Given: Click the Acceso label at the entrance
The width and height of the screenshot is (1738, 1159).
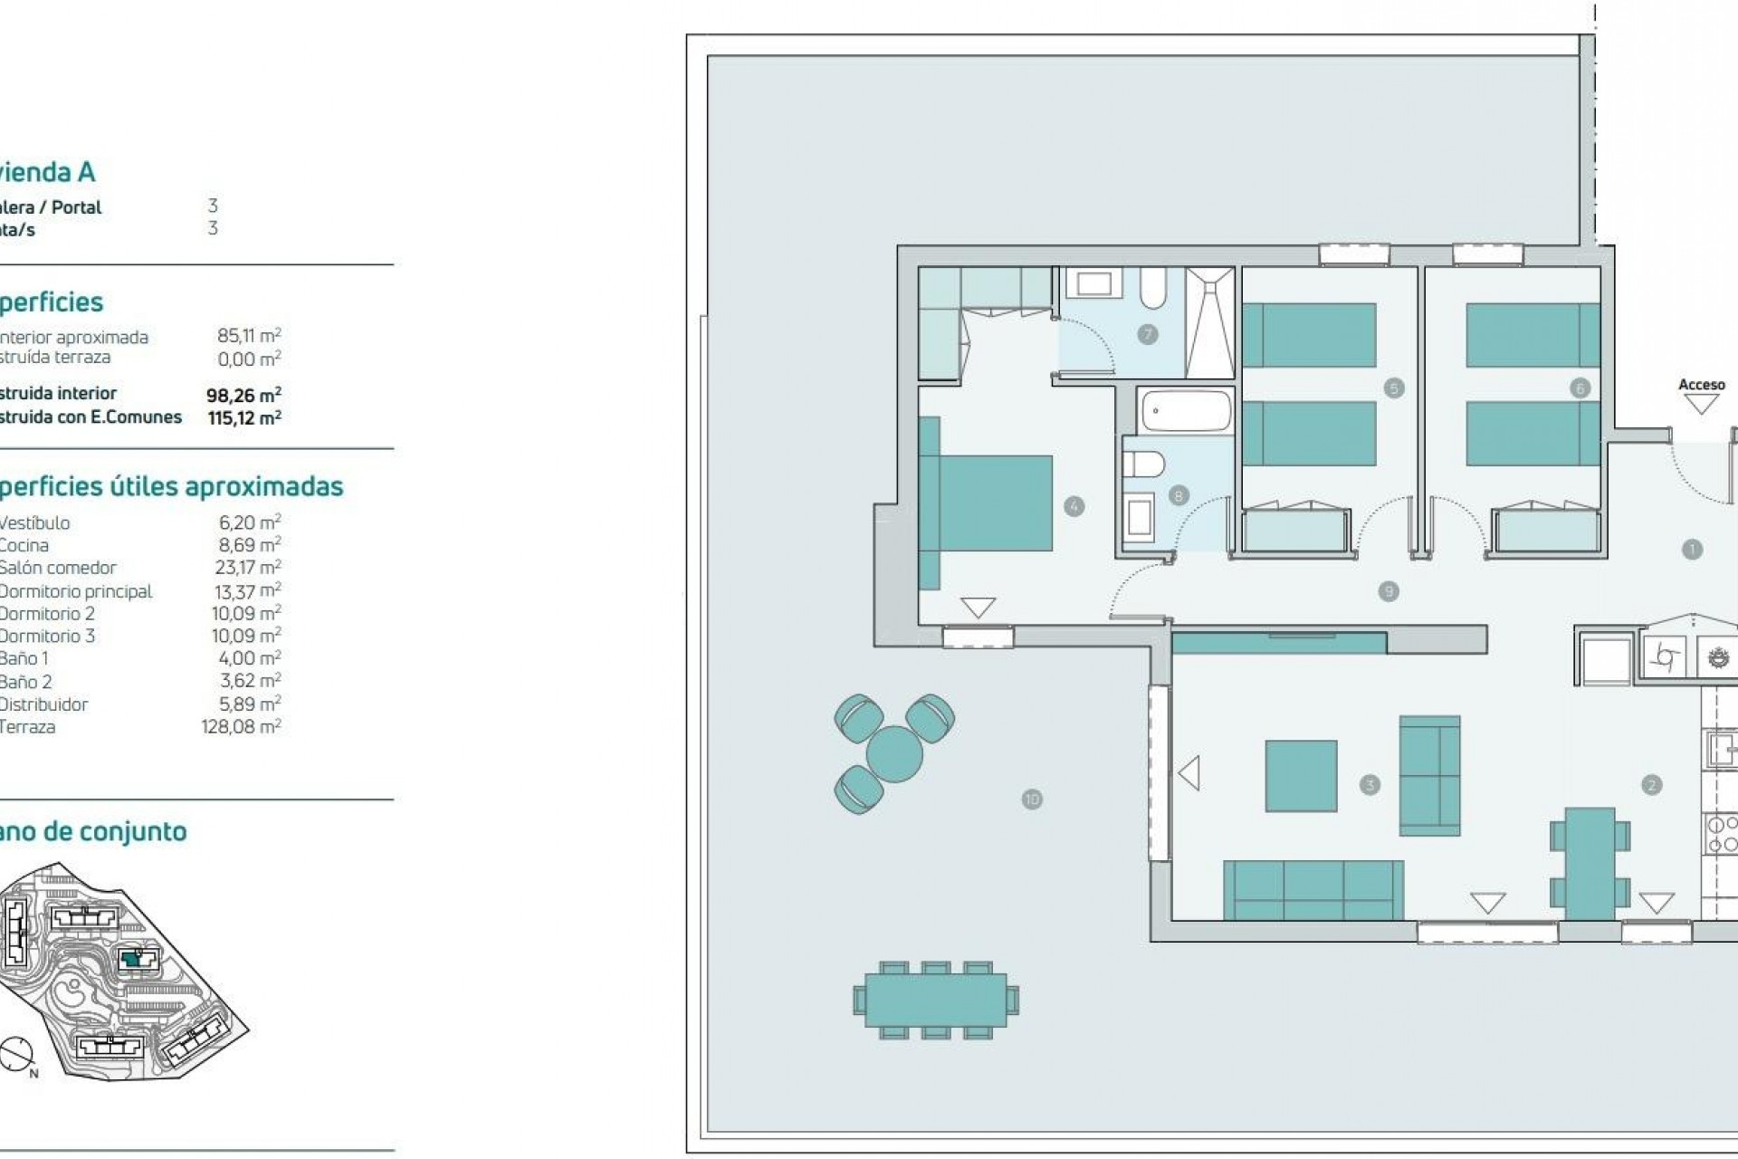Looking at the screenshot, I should click(1701, 385).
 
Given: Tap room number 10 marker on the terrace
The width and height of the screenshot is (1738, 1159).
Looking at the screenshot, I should click(1032, 800).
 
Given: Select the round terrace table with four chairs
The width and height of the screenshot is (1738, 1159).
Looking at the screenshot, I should click(894, 753).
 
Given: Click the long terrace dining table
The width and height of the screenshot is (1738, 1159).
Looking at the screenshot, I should click(936, 1001).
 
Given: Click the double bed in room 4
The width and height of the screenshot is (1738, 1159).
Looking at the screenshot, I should click(987, 503).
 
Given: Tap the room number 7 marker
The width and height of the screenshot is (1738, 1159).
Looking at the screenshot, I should click(1148, 335).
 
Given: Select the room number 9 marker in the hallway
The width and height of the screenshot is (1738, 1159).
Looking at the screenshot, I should click(1389, 592).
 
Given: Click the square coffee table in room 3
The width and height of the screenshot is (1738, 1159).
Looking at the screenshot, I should click(1301, 776).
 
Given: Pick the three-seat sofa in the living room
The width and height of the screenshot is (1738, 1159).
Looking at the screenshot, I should click(1313, 890).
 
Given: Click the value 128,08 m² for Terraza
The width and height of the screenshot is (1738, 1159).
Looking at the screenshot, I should click(241, 727).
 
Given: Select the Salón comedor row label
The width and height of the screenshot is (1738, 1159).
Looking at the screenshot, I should click(58, 568).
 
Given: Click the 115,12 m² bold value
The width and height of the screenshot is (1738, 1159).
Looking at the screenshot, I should click(244, 417).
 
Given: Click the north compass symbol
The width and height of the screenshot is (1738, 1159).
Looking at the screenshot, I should click(16, 1055).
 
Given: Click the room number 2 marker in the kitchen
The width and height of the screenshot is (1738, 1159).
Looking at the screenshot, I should click(1651, 785).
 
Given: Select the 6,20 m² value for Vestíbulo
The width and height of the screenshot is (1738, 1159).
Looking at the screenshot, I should click(249, 522).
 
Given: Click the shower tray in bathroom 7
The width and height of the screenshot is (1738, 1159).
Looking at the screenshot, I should click(1210, 322).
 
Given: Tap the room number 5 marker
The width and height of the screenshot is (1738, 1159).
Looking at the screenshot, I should click(1394, 388).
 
